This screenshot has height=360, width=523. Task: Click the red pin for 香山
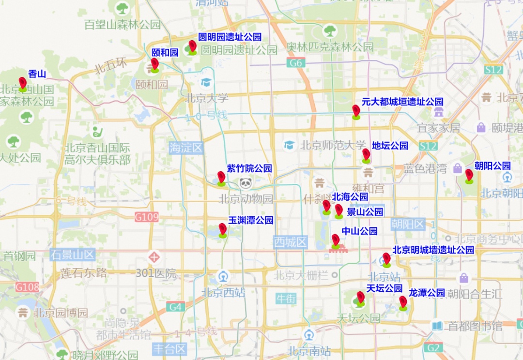pyautogui.click(x=22, y=83)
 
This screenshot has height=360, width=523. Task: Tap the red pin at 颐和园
pyautogui.click(x=154, y=64)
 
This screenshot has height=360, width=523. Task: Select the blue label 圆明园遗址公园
pyautogui.click(x=230, y=37)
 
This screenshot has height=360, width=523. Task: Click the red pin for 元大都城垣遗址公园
pyautogui.click(x=356, y=111)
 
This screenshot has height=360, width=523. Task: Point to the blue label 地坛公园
pyautogui.click(x=390, y=146)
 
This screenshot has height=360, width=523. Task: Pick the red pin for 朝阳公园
pyautogui.click(x=469, y=175)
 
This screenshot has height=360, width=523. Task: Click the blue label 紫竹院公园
pyautogui.click(x=249, y=168)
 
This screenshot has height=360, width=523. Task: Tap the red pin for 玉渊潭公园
pyautogui.click(x=222, y=229)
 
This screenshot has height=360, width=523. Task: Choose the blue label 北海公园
pyautogui.click(x=350, y=197)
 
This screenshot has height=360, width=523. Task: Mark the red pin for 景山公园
pyautogui.click(x=338, y=210)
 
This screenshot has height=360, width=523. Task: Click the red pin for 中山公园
pyautogui.click(x=335, y=240)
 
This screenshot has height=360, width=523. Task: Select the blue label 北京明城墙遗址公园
pyautogui.click(x=433, y=250)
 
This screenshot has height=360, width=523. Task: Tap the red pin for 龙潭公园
pyautogui.click(x=403, y=302)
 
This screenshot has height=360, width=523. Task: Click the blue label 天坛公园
pyautogui.click(x=384, y=288)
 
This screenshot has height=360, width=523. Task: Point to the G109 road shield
pyautogui.click(x=146, y=217)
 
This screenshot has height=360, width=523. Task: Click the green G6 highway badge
pyautogui.click(x=295, y=63)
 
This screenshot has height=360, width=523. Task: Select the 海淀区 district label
pyautogui.click(x=185, y=148)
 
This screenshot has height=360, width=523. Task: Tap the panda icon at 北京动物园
pyautogui.click(x=246, y=183)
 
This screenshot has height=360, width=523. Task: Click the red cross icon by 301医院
pyautogui.click(x=154, y=257)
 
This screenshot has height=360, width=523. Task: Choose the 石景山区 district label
pyautogui.click(x=73, y=255)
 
